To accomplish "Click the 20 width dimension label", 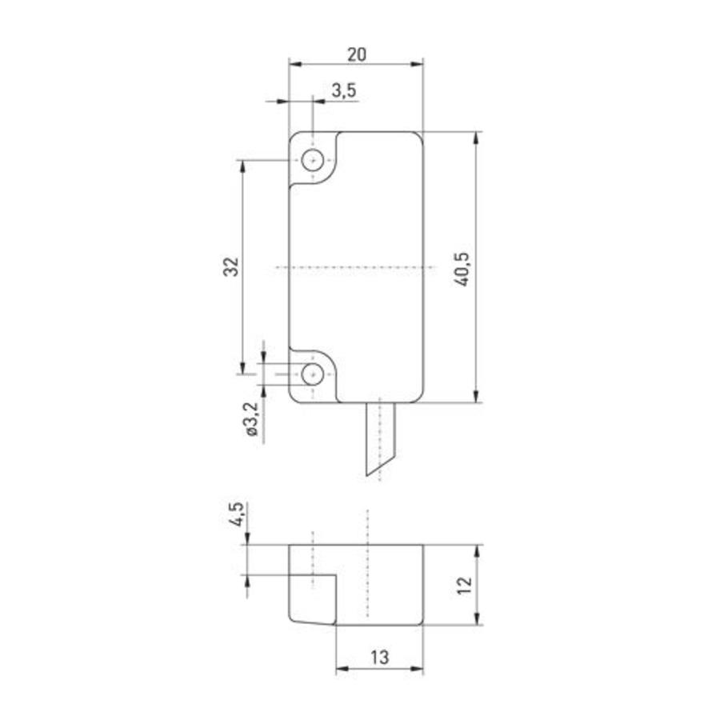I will (356, 54).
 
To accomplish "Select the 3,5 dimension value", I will (343, 91).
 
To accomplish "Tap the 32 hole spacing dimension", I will (231, 266).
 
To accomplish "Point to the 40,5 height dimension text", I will (462, 267).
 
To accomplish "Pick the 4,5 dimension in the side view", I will (235, 514).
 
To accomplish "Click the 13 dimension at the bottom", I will (378, 657).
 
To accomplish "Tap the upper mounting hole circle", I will (312, 160).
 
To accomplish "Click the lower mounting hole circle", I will (312, 373).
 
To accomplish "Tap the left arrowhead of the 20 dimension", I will (294, 64).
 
